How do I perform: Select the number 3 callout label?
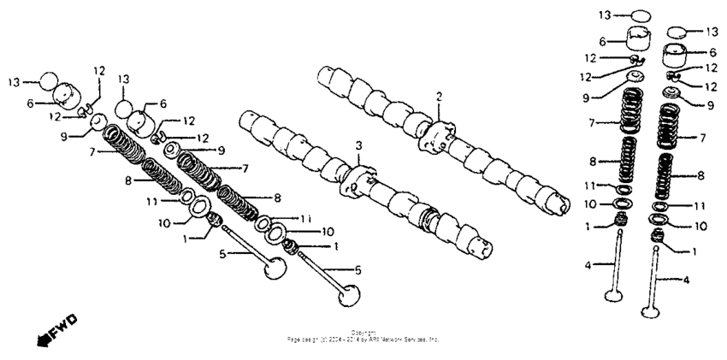pos(359,145)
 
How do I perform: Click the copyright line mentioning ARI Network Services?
pos(363,338)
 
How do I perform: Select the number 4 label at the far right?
pos(686,280)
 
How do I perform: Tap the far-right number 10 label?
pos(701,226)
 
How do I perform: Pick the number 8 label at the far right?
pos(701,175)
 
